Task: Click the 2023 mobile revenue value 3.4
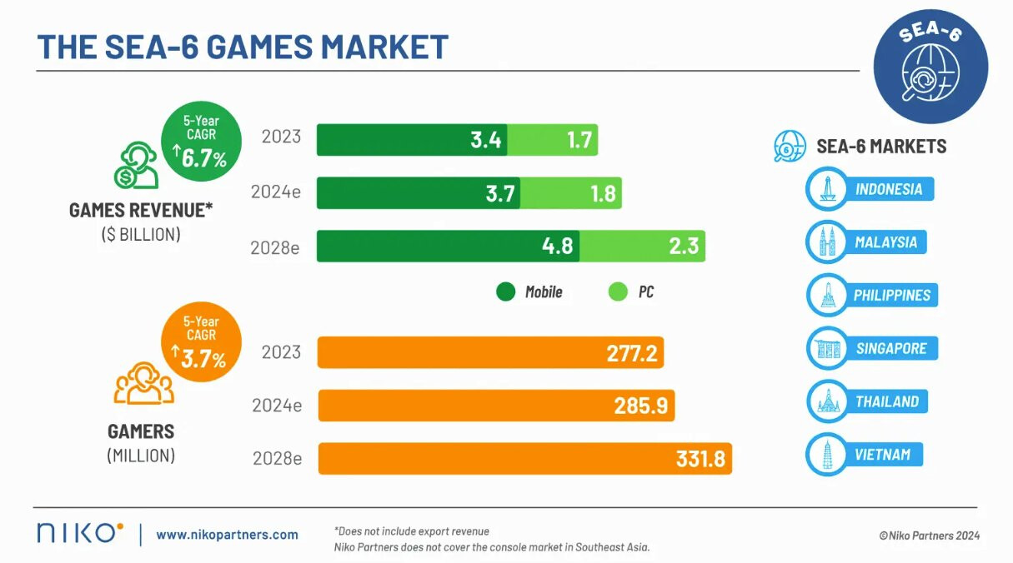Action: point(485,140)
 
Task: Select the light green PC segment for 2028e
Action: point(642,247)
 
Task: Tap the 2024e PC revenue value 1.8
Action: point(603,193)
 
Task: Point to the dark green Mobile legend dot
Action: point(505,291)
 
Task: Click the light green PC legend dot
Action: point(618,291)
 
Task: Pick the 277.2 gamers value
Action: point(632,353)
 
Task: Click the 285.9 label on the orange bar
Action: point(641,406)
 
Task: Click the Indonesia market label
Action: point(889,189)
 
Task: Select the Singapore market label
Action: point(890,348)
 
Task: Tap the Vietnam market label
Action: point(882,455)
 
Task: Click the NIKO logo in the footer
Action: point(80,533)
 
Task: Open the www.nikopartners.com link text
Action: point(227,535)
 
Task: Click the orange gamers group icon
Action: point(143,382)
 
